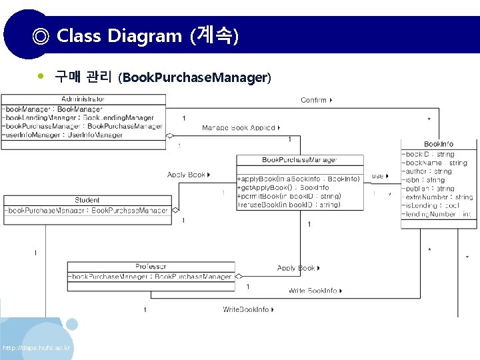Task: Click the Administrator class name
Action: [83, 99]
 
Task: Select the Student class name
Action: [87, 200]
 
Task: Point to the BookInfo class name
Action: [439, 145]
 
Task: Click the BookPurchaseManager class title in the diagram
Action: [299, 160]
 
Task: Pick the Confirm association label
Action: [314, 100]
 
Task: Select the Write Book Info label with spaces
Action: [313, 291]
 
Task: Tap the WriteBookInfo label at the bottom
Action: [246, 309]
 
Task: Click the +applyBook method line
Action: [299, 179]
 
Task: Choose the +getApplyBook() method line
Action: [283, 187]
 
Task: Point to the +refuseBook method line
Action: [289, 205]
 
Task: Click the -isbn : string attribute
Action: [423, 180]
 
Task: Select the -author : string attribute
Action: [427, 171]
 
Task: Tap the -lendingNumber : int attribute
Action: [437, 215]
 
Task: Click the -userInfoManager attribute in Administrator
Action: [63, 135]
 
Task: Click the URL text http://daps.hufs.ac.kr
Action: [37, 348]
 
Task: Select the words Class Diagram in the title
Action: [119, 35]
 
